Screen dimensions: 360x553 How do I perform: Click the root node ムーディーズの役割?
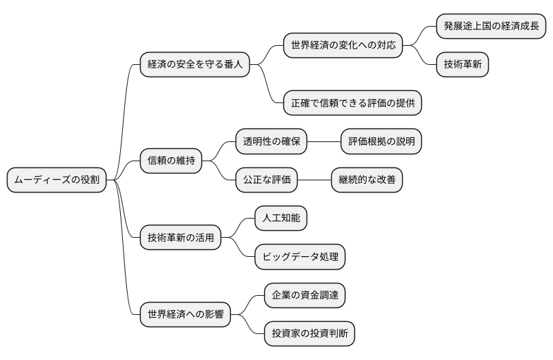pos(57,180)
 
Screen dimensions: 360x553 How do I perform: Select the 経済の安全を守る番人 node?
pos(195,66)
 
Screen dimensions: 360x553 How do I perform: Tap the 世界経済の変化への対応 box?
pos(343,46)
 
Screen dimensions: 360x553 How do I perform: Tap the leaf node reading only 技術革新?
pos(462,65)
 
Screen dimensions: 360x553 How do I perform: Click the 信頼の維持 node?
pos(171,161)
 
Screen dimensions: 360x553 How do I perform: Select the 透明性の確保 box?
pos(272,141)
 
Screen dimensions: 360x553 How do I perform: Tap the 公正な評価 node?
pos(267,180)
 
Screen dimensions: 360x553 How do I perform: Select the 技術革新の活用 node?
pos(181,238)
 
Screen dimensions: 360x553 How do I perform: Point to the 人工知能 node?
pos(281,219)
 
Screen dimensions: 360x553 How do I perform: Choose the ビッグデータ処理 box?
pos(300,258)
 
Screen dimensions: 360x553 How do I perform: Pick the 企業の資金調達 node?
pos(304,296)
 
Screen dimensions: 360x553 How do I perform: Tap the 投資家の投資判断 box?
pos(309,334)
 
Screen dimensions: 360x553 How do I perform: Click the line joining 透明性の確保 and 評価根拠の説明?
pos(324,141)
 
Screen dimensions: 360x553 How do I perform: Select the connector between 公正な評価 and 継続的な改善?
pos(315,180)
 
